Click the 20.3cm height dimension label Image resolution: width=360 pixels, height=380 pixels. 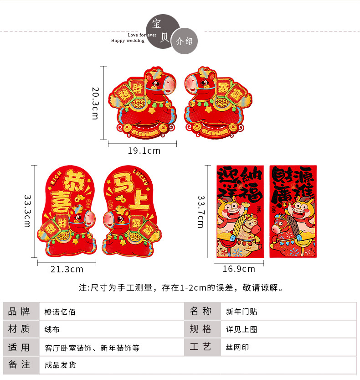[95, 103]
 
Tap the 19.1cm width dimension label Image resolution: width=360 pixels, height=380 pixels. [144, 151]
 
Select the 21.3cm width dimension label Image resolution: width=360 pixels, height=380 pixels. [67, 269]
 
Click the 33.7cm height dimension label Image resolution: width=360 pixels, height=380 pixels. [201, 212]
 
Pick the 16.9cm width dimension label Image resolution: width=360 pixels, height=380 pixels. [238, 269]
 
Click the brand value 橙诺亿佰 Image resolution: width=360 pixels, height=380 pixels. [60, 312]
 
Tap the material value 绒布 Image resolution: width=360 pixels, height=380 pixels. [52, 329]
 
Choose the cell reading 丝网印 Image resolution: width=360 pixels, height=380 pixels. [237, 348]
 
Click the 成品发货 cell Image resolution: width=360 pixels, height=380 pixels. [60, 365]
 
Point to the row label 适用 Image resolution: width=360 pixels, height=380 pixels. [19, 348]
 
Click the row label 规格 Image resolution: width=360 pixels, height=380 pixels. [201, 329]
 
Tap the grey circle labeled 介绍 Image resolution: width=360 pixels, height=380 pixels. [184, 41]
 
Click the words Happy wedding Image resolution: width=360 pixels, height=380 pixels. [128, 41]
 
